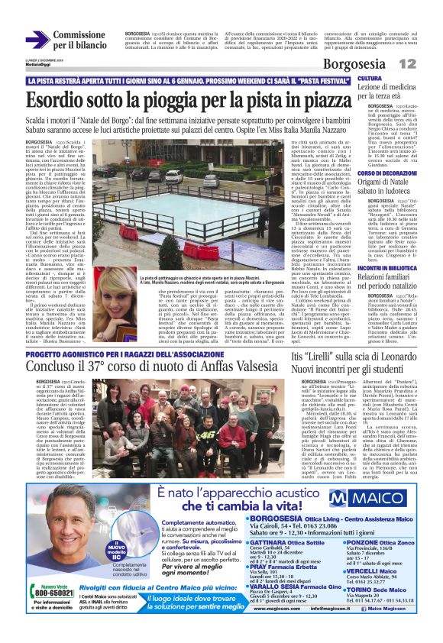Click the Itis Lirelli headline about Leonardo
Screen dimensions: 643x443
pyautogui.click(x=359, y=362)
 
